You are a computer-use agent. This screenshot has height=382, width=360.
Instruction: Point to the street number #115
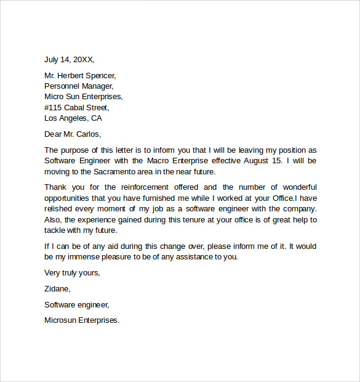[54, 107]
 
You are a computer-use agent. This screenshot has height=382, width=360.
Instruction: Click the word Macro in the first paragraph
[167, 161]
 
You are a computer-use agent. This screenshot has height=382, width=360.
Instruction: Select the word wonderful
[294, 187]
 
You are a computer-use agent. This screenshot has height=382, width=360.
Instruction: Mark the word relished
[59, 209]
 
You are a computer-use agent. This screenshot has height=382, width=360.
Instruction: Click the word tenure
[193, 219]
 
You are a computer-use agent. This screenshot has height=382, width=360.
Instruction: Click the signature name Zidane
[57, 288]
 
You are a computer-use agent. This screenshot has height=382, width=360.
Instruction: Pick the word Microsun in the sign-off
[62, 320]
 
